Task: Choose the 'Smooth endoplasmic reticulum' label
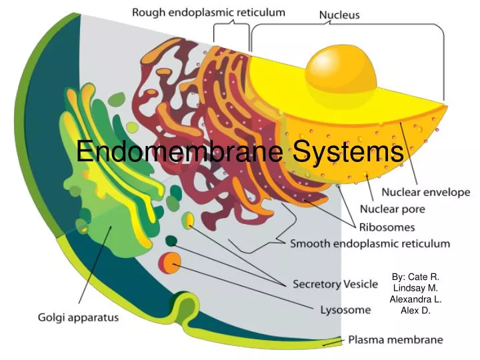point(370,244)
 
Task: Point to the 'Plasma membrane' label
point(395,340)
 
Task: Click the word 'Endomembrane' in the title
point(180,152)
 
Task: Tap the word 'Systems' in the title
point(347,152)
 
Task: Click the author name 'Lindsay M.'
point(415,287)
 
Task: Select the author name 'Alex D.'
point(415,310)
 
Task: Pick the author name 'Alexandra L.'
point(415,299)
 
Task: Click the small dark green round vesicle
point(171,241)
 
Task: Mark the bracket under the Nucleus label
point(347,27)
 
